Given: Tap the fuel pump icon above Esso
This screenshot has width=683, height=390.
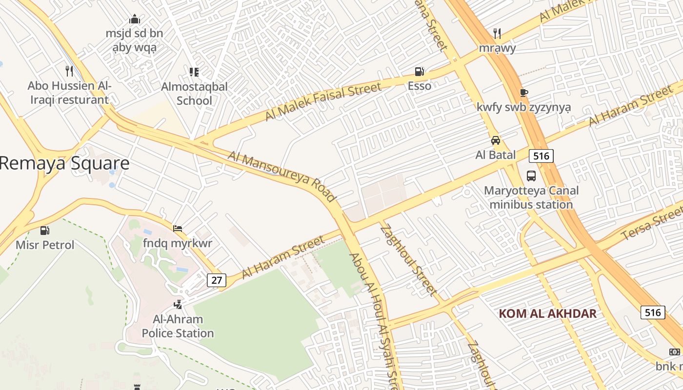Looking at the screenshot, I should coord(419,72).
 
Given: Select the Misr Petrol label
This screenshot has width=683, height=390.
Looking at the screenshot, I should coord(45,245).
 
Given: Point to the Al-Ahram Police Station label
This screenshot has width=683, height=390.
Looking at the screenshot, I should coord(178,326).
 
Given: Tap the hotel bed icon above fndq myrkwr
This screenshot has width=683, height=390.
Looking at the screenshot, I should coord(178,228).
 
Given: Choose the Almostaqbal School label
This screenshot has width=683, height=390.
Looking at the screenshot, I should coord(194,94).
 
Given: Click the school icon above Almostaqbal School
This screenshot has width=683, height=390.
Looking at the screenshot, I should coord(194,72).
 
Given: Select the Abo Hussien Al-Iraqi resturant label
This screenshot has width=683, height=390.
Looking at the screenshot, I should coord(69,93).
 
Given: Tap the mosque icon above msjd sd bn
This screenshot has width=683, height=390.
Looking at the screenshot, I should coord(134,19).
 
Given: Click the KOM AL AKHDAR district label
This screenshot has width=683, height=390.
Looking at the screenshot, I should coord(547,313).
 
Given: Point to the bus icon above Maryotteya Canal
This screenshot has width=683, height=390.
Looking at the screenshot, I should coord(531,175).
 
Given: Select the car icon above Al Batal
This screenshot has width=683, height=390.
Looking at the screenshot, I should coord(496,140).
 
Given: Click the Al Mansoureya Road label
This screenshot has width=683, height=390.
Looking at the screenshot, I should coord(282,176).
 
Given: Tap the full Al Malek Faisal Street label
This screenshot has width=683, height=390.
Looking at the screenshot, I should coord(322,101).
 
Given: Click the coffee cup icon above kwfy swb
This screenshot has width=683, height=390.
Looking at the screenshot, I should coord(523,93).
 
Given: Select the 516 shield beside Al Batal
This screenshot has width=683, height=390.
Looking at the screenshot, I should coord(541,156).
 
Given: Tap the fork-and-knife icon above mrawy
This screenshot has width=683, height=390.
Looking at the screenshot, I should coord(497,33).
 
